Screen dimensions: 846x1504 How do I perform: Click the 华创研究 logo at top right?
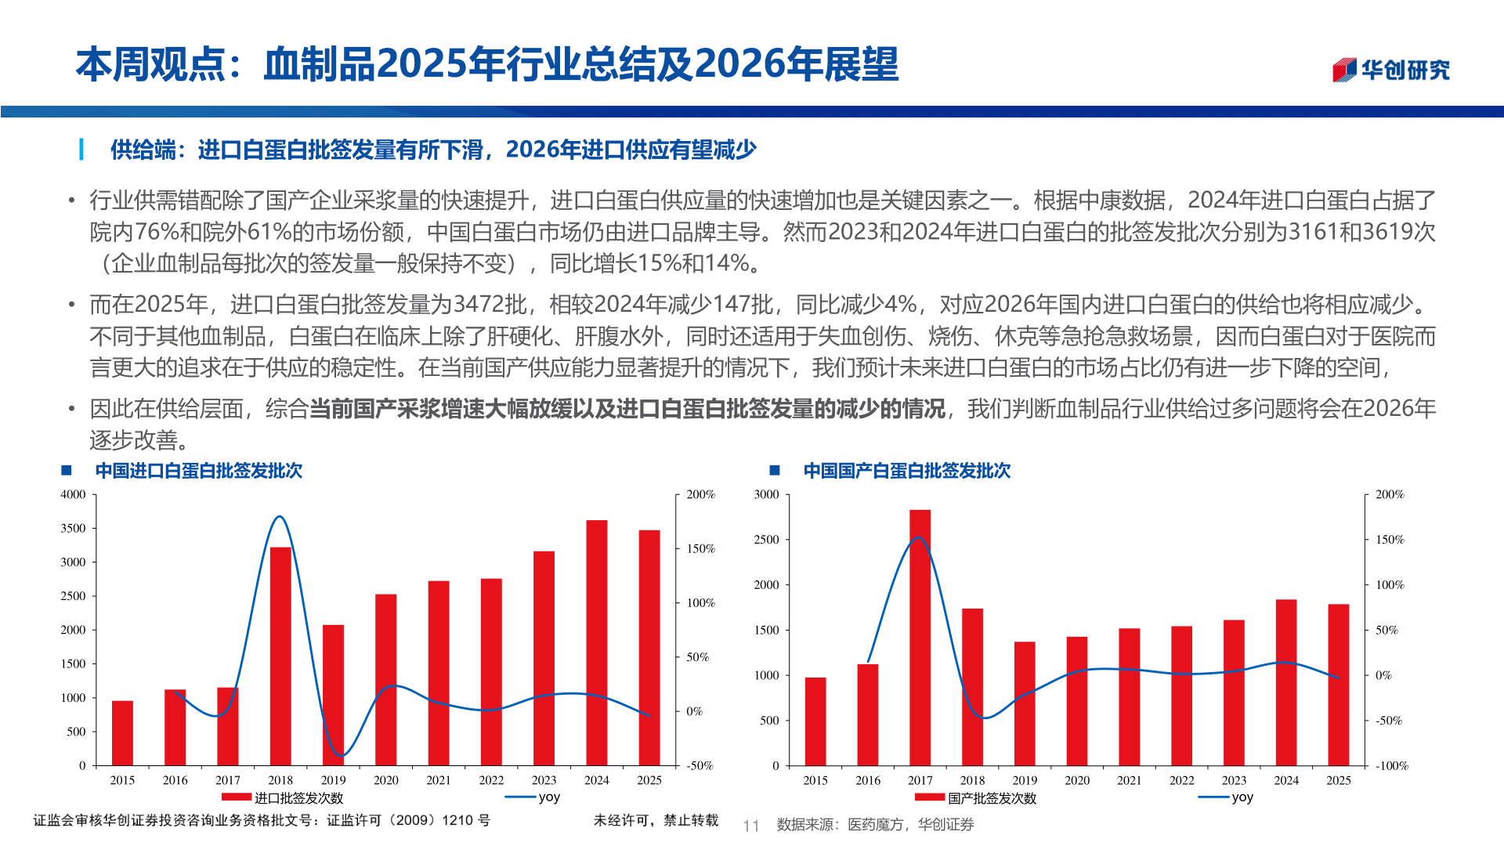click(1391, 70)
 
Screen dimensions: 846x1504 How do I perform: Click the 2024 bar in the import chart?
click(596, 642)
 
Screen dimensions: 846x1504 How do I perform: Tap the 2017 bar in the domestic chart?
click(920, 638)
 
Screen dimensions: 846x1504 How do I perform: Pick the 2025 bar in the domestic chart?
click(1338, 685)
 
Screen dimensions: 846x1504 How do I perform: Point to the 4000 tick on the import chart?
click(74, 494)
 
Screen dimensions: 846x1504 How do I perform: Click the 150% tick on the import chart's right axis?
click(700, 548)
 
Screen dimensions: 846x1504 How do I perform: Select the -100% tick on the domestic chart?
click(1392, 765)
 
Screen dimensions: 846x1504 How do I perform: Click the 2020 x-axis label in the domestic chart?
click(1076, 780)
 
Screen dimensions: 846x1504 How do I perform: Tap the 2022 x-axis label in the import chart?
click(491, 780)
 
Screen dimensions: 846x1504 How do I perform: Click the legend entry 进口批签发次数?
click(298, 798)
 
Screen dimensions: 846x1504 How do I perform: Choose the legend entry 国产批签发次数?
click(992, 798)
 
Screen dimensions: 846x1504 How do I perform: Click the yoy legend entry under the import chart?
click(548, 797)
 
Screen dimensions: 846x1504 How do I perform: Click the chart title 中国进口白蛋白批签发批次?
click(198, 471)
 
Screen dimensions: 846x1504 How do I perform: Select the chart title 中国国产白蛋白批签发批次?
click(906, 471)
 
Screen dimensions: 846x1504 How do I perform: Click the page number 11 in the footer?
click(750, 826)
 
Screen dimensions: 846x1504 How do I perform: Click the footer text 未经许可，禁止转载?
click(656, 820)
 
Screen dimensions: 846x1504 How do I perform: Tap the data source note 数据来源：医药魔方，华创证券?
click(875, 825)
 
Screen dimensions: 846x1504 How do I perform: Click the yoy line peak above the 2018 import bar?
click(280, 516)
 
